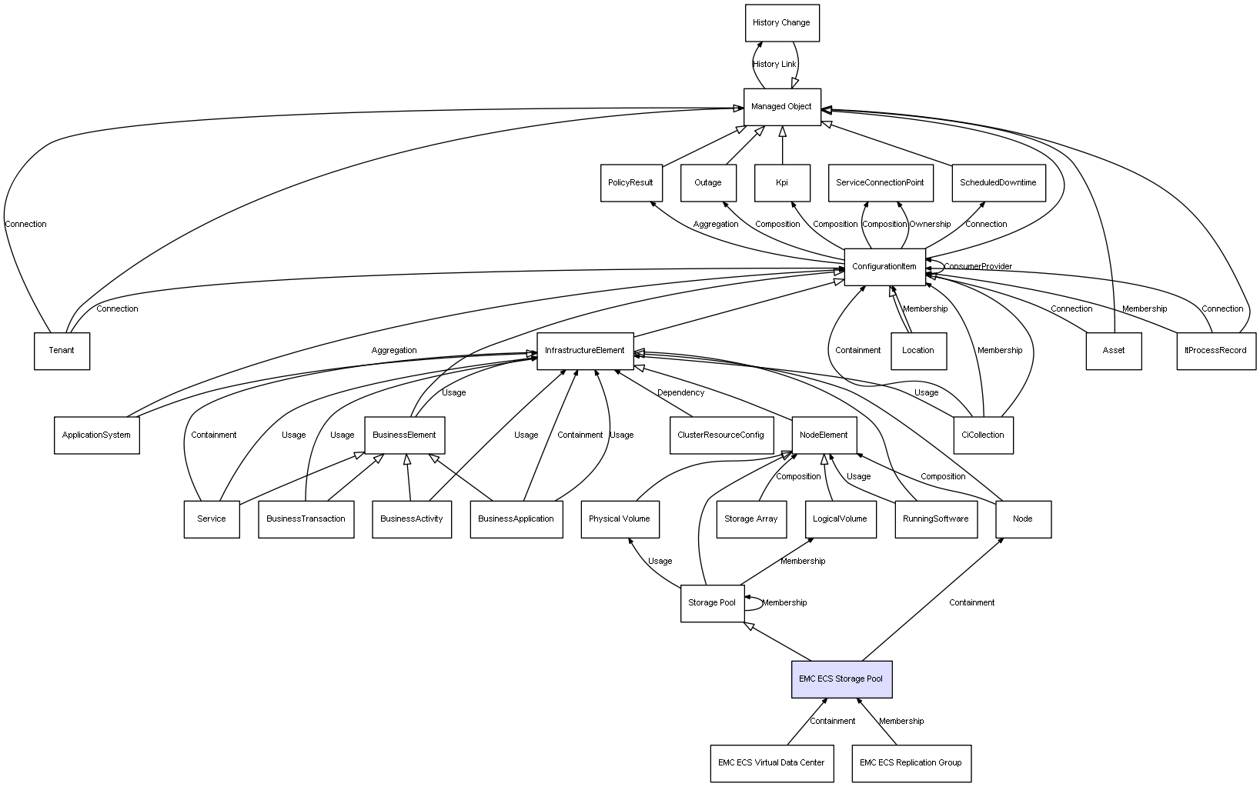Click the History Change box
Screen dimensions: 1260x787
[782, 23]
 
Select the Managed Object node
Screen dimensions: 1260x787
[782, 107]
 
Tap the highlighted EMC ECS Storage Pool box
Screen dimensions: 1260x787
[841, 679]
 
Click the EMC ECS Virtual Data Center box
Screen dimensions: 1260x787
[772, 763]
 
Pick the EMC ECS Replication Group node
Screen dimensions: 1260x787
[911, 763]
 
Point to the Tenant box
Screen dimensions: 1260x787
[62, 351]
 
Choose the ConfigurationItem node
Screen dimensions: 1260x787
[885, 266]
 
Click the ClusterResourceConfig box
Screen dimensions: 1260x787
[721, 435]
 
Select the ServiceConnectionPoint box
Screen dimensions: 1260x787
[881, 182]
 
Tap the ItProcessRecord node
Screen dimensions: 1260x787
[1216, 351]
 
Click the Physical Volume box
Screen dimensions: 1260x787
[620, 519]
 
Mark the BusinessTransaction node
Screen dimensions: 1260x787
[306, 519]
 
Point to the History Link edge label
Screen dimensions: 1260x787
[774, 64]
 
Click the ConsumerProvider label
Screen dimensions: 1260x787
[978, 266]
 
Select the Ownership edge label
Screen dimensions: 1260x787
[931, 225]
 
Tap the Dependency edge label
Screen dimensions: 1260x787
[680, 392]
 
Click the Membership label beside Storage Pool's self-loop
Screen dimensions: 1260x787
[784, 602]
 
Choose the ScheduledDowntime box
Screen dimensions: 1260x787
[998, 182]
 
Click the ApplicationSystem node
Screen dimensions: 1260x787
[97, 435]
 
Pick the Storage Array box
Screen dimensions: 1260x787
[751, 519]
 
